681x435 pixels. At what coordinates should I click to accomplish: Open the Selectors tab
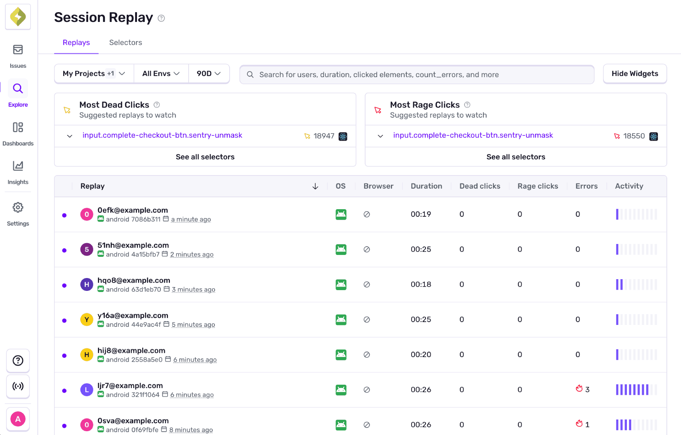click(126, 43)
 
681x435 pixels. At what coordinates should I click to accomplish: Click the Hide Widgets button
click(634, 74)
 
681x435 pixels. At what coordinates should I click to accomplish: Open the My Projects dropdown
click(94, 74)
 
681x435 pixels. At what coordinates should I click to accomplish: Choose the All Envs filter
click(161, 74)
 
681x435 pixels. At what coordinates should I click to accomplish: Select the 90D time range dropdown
click(208, 74)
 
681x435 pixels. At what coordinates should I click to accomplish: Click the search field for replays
click(416, 75)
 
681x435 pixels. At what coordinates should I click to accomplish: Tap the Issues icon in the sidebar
click(18, 50)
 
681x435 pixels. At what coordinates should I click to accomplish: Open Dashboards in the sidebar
click(18, 127)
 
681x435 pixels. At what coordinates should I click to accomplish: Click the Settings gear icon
click(18, 207)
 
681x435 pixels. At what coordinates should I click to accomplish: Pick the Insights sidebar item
click(18, 166)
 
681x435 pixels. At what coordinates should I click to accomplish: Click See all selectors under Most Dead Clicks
click(205, 157)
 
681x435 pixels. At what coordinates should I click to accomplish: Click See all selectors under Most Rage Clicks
click(516, 157)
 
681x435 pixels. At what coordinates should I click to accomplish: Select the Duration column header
click(426, 186)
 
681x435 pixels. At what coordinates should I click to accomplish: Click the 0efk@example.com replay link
click(133, 210)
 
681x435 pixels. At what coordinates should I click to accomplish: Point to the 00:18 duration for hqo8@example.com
click(421, 284)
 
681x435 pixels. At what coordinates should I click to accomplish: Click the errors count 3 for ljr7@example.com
click(587, 390)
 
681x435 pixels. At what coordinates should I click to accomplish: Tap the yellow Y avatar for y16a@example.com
click(87, 320)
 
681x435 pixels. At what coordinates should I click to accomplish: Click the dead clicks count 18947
click(324, 136)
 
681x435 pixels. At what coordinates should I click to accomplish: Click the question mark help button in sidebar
click(18, 360)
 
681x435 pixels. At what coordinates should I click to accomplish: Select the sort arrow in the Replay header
click(315, 186)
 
